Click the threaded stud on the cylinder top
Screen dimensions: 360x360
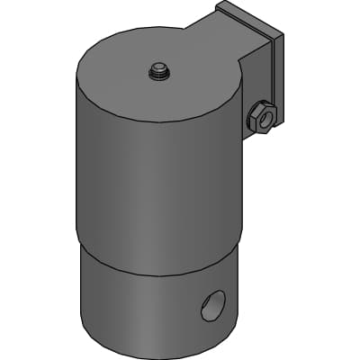pos(159,71)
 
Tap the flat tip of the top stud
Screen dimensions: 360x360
pos(159,66)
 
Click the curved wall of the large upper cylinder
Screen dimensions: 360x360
pos(153,180)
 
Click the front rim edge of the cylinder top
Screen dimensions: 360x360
pos(157,122)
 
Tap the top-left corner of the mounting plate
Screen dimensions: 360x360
pos(218,5)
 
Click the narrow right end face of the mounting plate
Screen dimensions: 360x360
pos(278,81)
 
